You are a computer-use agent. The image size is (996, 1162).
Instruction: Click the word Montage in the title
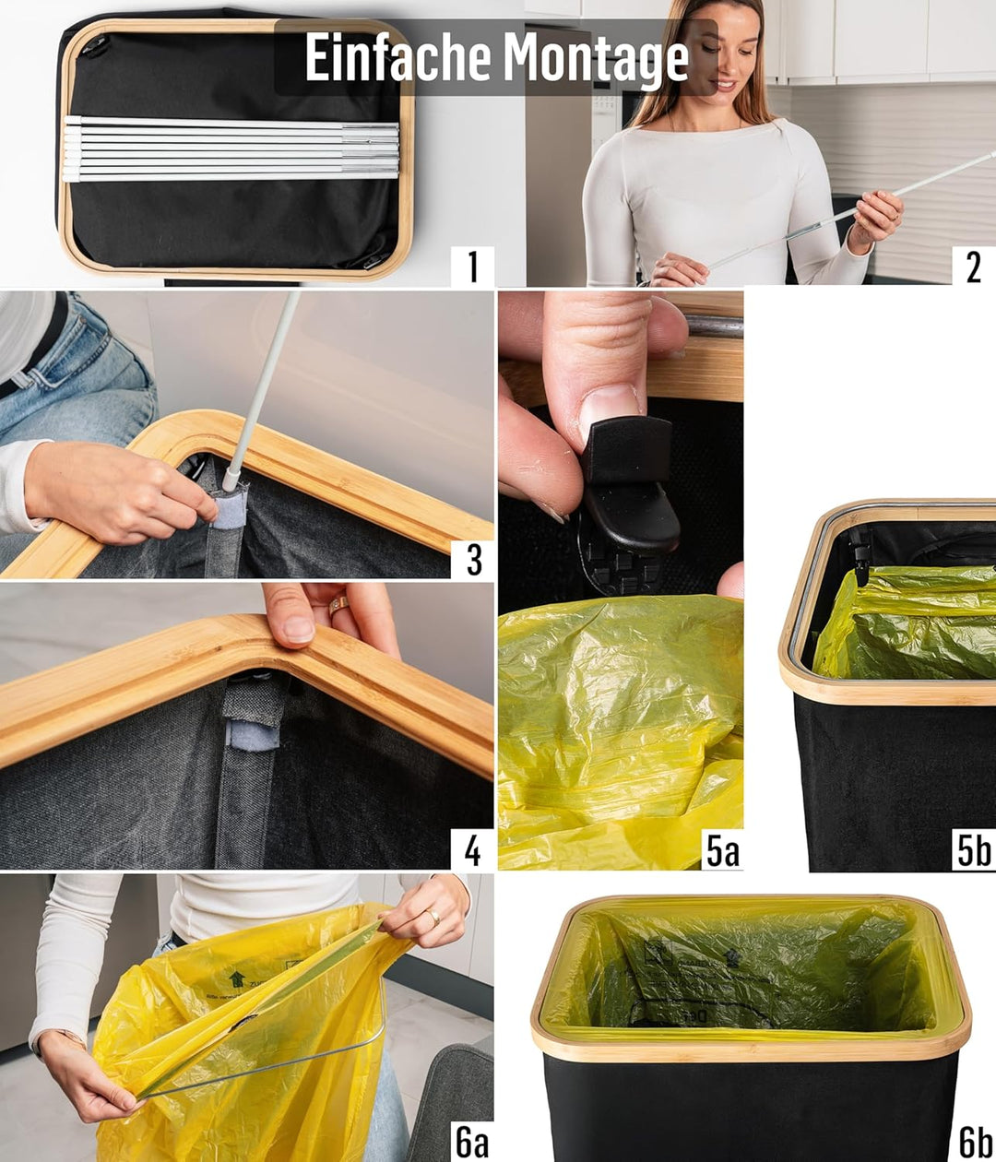(x=596, y=58)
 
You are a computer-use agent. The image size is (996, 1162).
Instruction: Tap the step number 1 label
(x=473, y=267)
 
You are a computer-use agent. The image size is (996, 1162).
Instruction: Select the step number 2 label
(x=974, y=267)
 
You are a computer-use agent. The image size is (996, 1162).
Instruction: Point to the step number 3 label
(x=473, y=559)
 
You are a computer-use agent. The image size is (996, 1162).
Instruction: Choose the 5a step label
(x=722, y=850)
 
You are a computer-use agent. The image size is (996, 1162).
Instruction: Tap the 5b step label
(x=974, y=850)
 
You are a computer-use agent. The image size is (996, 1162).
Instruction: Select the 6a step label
(x=472, y=1142)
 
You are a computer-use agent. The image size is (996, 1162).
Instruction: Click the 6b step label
(x=975, y=1142)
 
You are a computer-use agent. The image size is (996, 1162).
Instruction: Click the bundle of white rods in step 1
(x=231, y=148)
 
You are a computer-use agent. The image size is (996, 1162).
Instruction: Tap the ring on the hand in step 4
(x=338, y=605)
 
